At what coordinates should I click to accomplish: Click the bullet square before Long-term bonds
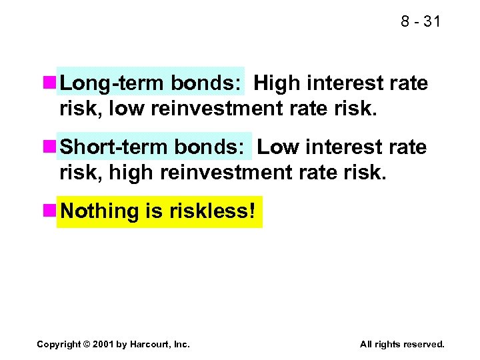(49, 83)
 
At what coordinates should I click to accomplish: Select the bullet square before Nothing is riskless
(49, 211)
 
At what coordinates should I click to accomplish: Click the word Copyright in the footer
(59, 344)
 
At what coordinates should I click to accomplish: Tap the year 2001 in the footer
(103, 344)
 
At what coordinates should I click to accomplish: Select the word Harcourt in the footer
(151, 344)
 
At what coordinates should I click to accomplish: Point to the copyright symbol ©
(87, 344)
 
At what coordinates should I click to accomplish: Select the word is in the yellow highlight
(151, 211)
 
